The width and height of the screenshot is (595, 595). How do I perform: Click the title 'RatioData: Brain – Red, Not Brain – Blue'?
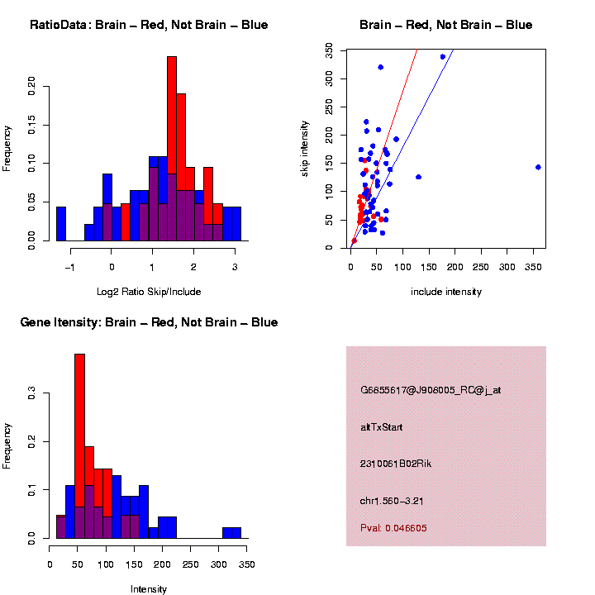149,25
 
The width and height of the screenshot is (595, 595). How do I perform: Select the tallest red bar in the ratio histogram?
172,149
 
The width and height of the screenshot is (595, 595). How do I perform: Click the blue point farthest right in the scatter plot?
538,167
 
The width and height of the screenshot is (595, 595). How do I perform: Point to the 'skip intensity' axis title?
305,149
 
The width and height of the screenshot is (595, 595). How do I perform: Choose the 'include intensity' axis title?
446,292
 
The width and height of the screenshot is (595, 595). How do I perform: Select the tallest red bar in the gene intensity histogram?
80,446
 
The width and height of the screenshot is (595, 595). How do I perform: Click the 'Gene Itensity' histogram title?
149,322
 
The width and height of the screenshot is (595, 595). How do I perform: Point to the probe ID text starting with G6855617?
431,390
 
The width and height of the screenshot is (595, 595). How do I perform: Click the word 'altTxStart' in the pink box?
382,427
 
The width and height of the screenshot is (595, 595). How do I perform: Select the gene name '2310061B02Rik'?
396,464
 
